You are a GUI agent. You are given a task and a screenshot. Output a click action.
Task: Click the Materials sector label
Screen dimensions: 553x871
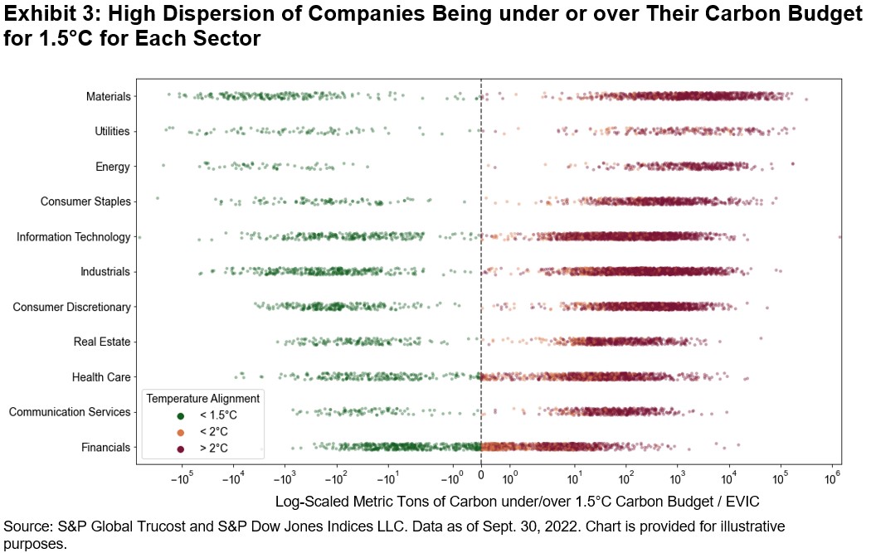(x=108, y=97)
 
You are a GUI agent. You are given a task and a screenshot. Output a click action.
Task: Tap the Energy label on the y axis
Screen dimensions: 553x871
(x=113, y=167)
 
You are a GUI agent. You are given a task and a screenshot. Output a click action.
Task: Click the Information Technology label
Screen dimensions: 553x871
(x=73, y=237)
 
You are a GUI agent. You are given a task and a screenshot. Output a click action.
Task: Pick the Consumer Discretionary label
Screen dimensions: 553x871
(x=71, y=308)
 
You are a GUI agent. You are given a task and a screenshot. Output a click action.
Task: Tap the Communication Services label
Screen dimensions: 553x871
(x=70, y=412)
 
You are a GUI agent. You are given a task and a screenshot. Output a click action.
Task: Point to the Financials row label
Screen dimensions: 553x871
(x=105, y=448)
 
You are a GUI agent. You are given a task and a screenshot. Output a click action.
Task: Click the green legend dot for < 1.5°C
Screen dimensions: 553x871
(x=180, y=415)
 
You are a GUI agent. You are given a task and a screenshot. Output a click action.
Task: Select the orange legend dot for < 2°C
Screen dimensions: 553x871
(x=180, y=432)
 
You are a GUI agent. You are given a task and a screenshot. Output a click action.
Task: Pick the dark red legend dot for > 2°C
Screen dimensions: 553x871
(x=180, y=449)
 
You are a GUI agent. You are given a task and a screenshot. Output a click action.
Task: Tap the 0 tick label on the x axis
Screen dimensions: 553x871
(x=480, y=478)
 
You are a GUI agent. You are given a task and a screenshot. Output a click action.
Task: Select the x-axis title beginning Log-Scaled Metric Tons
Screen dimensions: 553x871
(x=517, y=502)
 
